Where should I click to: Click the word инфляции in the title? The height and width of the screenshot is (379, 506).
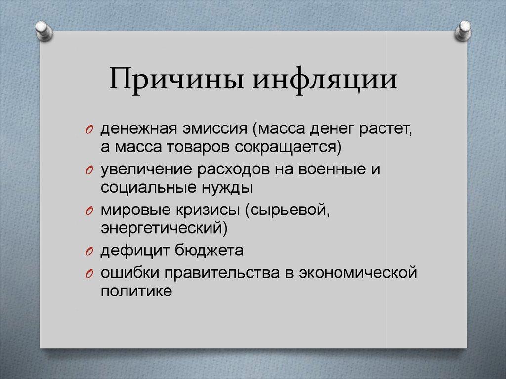pyautogui.click(x=326, y=81)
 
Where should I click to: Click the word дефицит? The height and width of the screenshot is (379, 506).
pyautogui.click(x=133, y=251)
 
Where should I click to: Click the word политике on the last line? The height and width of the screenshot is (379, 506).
pyautogui.click(x=136, y=291)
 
